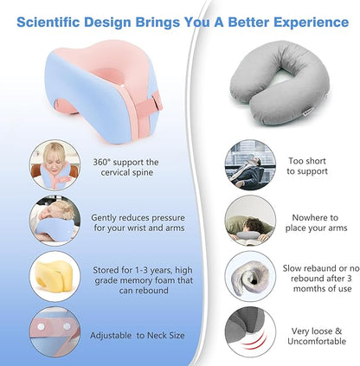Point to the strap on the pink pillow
(153, 106)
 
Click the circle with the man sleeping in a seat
(250, 165)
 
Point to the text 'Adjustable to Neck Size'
(136, 334)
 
